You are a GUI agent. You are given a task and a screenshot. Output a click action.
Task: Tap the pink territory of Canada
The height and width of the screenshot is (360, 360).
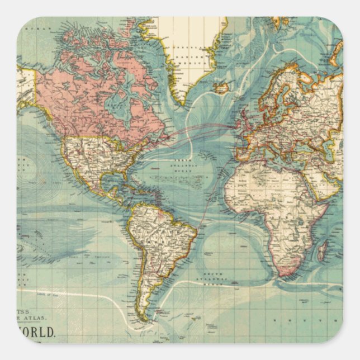point(84,101)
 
